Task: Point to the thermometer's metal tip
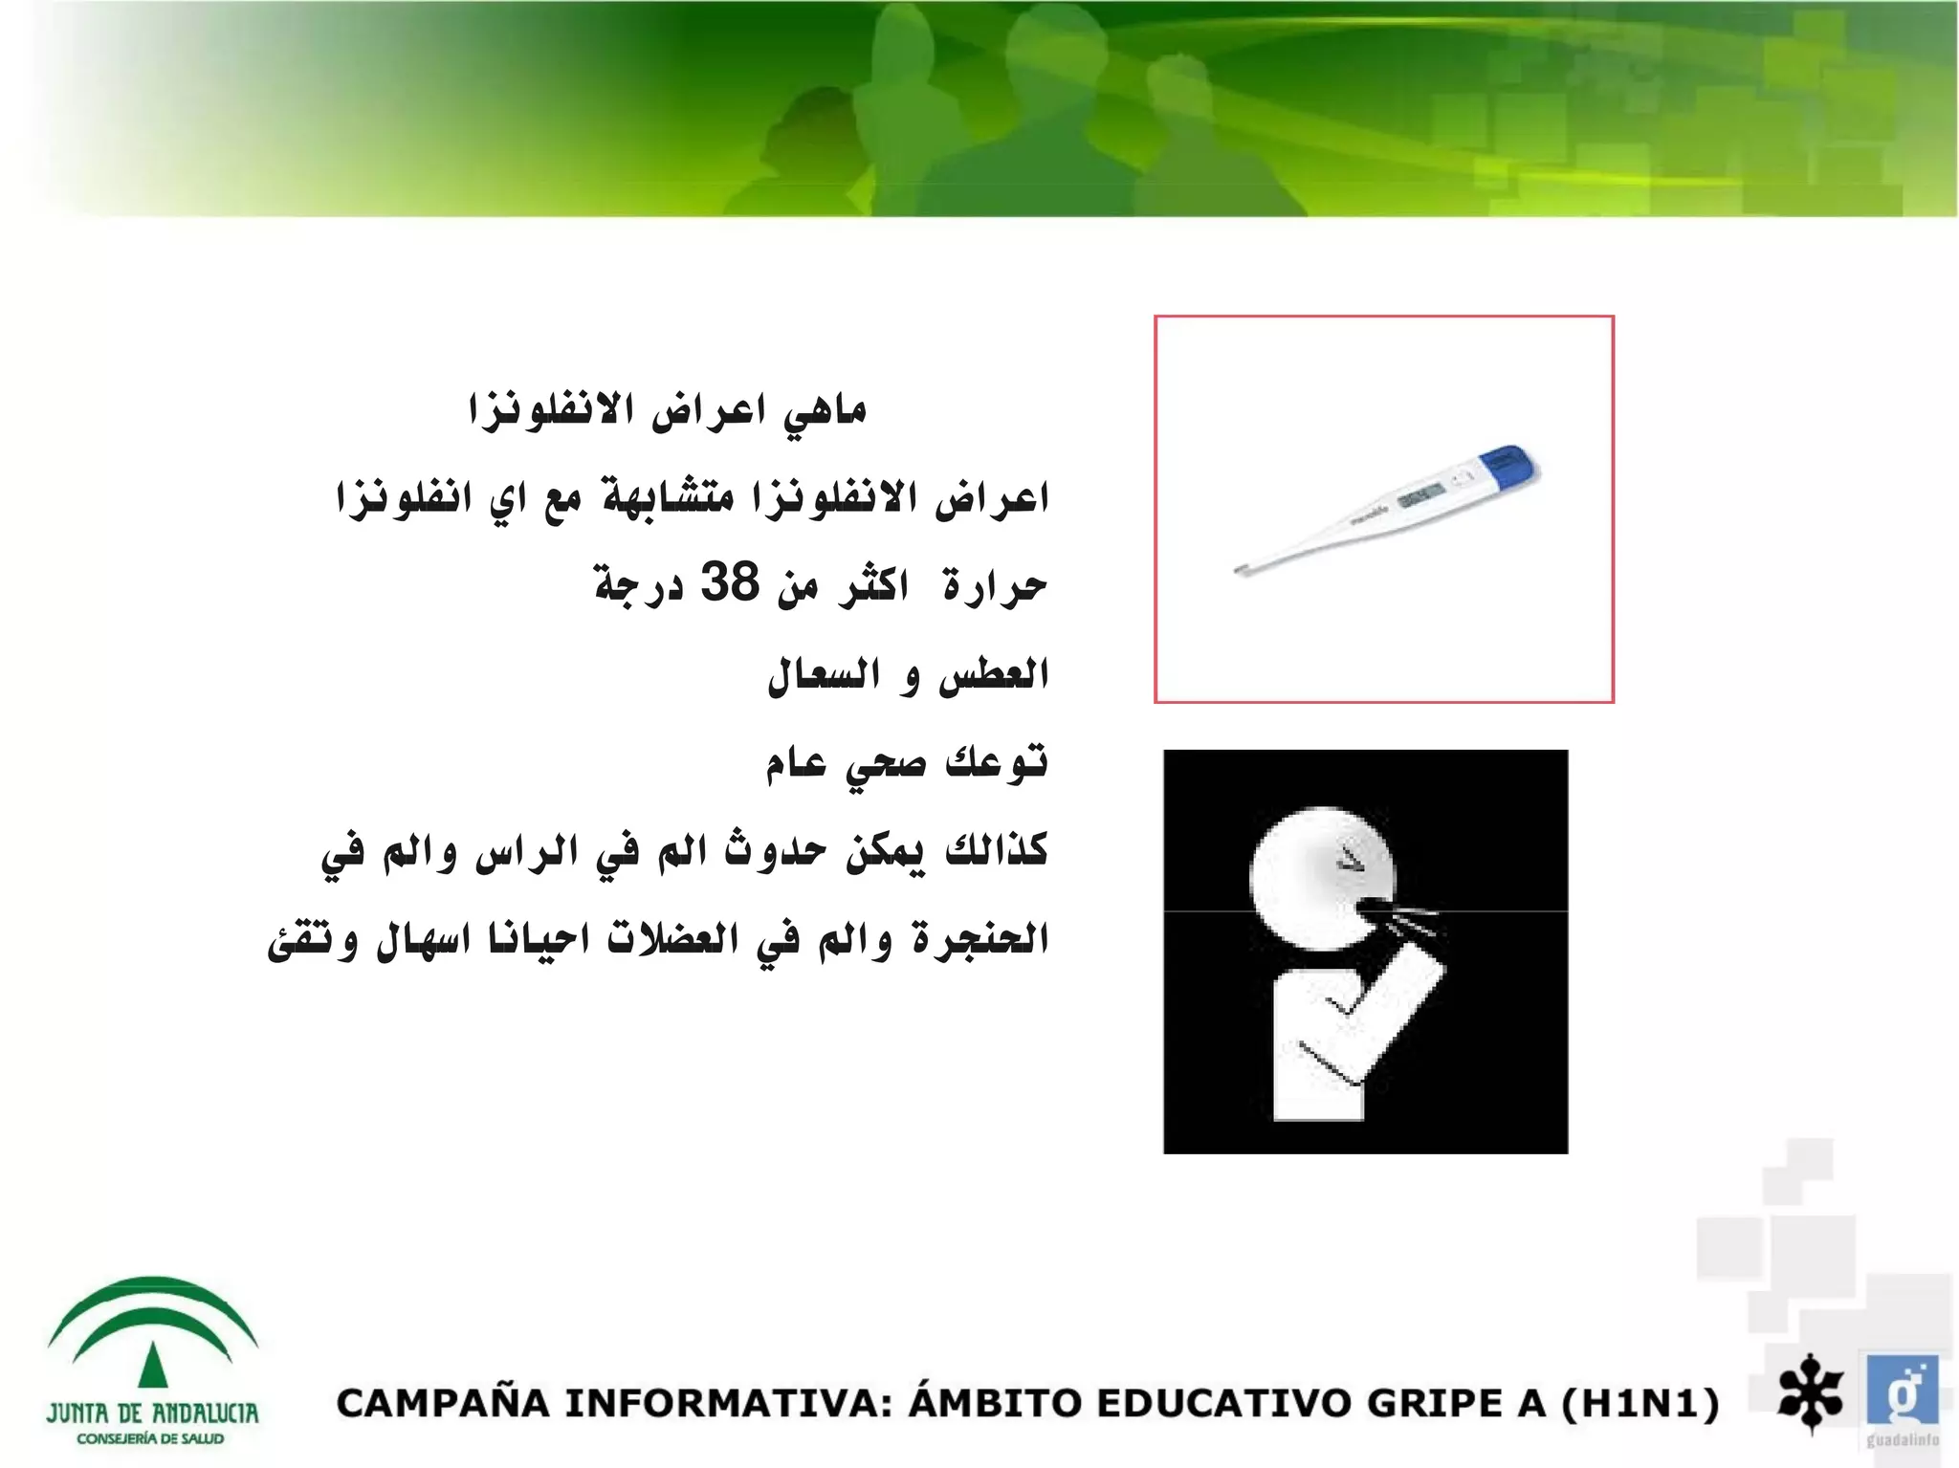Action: (x=1241, y=571)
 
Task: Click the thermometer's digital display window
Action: (x=1420, y=495)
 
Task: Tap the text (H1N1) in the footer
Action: (x=1640, y=1404)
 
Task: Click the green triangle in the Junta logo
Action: (x=153, y=1365)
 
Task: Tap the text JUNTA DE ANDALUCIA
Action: (x=153, y=1413)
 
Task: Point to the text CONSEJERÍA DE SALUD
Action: (x=151, y=1439)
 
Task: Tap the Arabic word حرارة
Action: (x=995, y=586)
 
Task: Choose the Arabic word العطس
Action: (x=995, y=674)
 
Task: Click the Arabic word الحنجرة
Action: (x=979, y=939)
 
